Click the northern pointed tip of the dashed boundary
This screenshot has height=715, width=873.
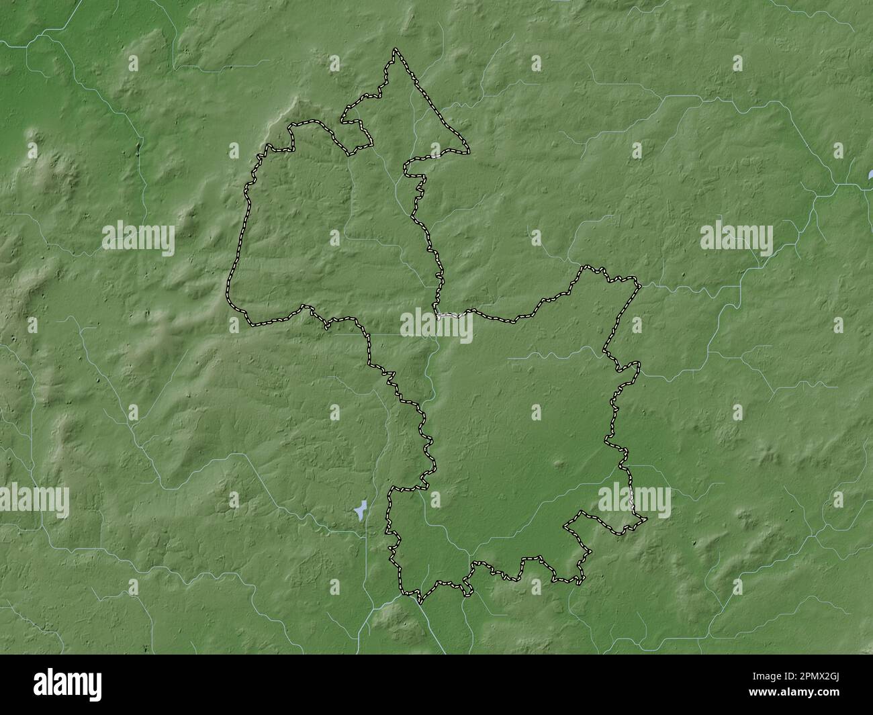pyautogui.click(x=396, y=50)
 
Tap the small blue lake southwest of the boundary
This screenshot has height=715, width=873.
pyautogui.click(x=360, y=510)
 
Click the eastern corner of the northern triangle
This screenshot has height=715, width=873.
pyautogui.click(x=469, y=152)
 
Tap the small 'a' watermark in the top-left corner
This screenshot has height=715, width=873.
pyautogui.click(x=133, y=64)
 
